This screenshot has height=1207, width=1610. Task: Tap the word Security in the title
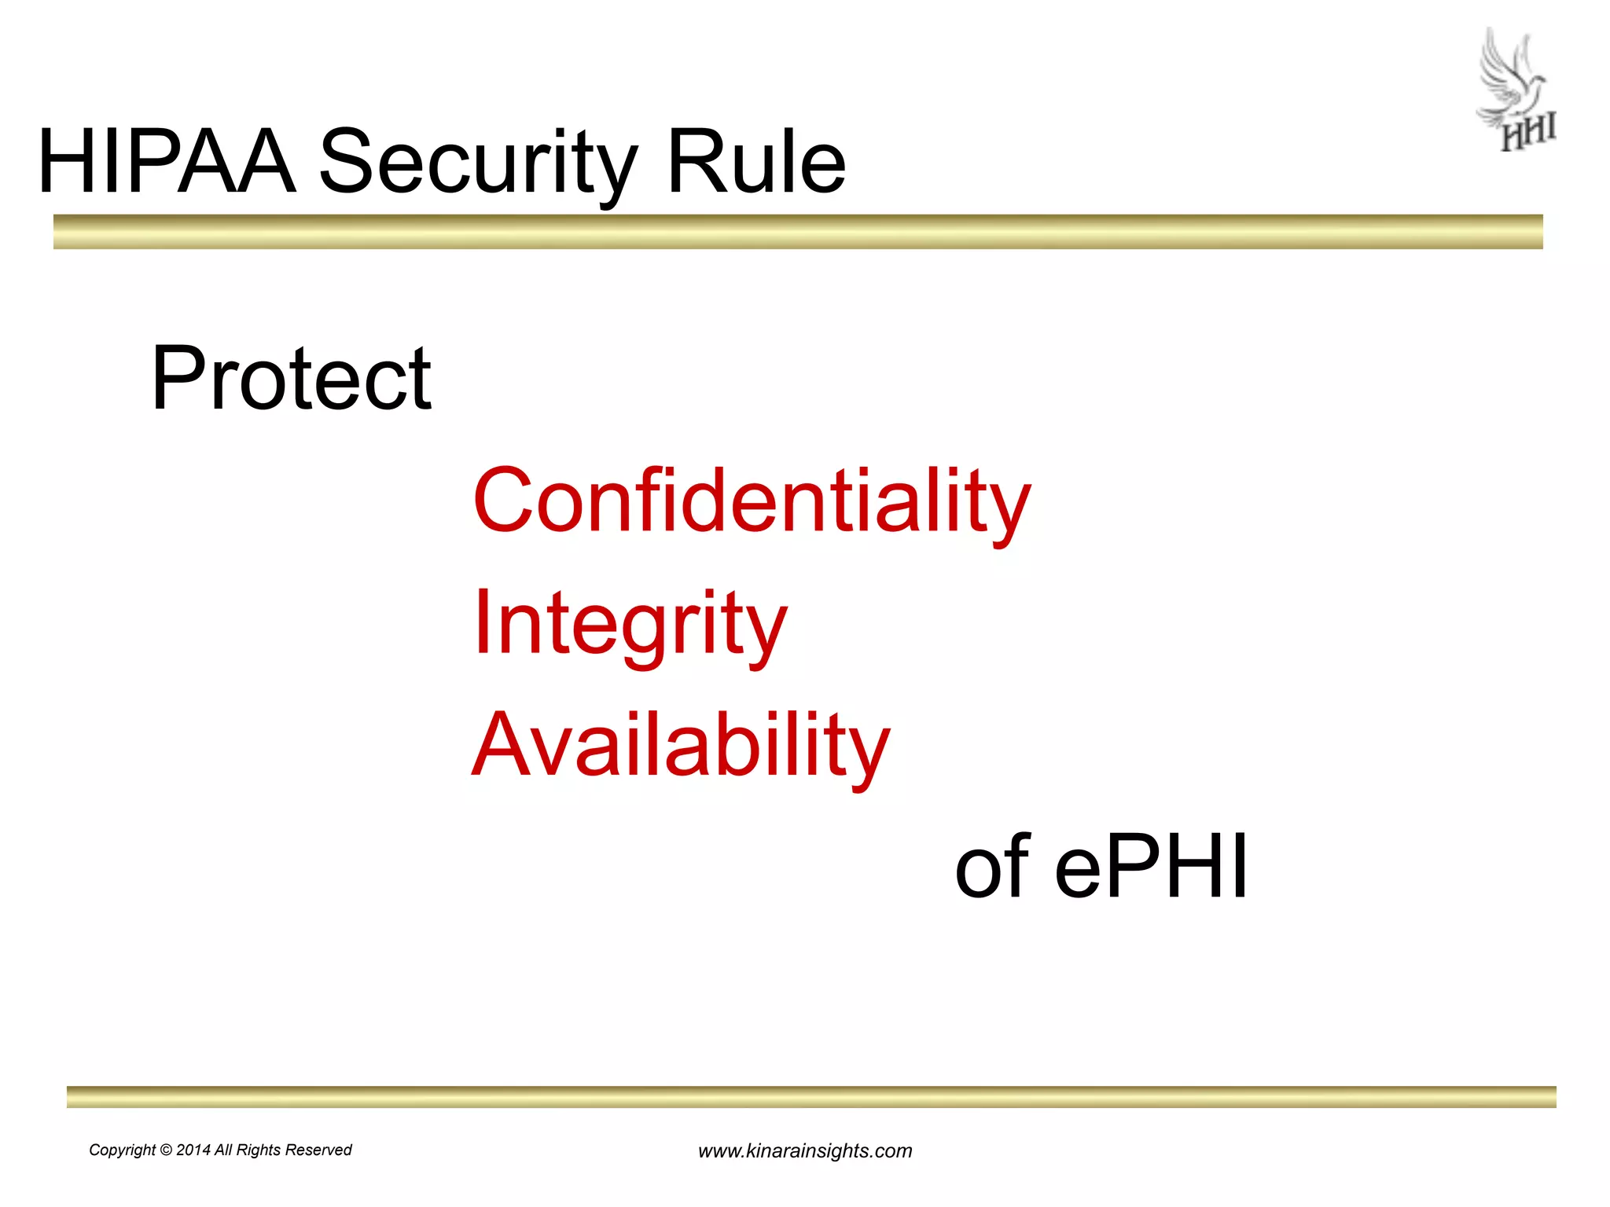(x=477, y=163)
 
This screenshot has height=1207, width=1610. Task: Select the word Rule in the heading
(x=755, y=162)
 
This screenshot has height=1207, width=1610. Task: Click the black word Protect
(x=291, y=380)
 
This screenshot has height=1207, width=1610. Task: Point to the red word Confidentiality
(x=751, y=501)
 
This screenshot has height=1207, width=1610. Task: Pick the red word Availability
(x=680, y=746)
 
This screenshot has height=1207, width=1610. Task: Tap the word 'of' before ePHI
(x=991, y=867)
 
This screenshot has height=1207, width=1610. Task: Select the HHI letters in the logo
(x=1528, y=134)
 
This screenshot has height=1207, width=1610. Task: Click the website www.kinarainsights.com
(x=805, y=1151)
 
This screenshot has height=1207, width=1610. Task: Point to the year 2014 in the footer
(x=193, y=1150)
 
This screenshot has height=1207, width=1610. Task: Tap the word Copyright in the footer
(x=122, y=1150)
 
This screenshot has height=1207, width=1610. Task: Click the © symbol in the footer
(x=166, y=1150)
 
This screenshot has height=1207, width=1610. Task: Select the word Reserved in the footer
(x=318, y=1150)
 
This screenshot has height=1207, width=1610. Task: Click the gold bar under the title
(x=797, y=232)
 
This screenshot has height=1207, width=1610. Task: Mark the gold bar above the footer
(x=811, y=1097)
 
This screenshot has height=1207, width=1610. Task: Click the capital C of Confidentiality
(x=504, y=501)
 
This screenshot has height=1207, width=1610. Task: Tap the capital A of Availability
(x=504, y=744)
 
